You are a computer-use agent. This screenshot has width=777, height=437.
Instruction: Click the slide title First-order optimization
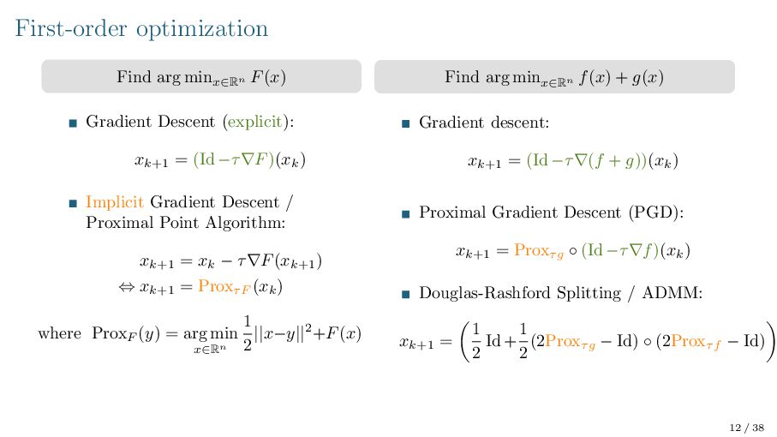point(141,28)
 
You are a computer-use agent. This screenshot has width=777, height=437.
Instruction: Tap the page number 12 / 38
point(746,426)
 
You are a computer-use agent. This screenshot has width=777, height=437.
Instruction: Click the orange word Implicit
point(115,203)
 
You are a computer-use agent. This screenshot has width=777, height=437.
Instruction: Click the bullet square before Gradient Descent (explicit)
point(73,123)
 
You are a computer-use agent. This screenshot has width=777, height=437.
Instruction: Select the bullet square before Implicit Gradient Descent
point(73,204)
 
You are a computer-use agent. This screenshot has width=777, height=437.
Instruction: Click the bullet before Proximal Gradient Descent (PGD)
point(406,213)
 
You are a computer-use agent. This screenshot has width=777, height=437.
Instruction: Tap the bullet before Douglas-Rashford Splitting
point(406,294)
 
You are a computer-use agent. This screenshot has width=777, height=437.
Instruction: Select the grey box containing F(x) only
point(201,76)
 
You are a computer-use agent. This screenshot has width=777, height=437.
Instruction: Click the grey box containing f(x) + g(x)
point(554,76)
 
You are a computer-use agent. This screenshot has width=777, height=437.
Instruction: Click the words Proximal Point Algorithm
point(185,223)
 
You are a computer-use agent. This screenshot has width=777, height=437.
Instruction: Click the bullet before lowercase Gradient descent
point(406,123)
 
